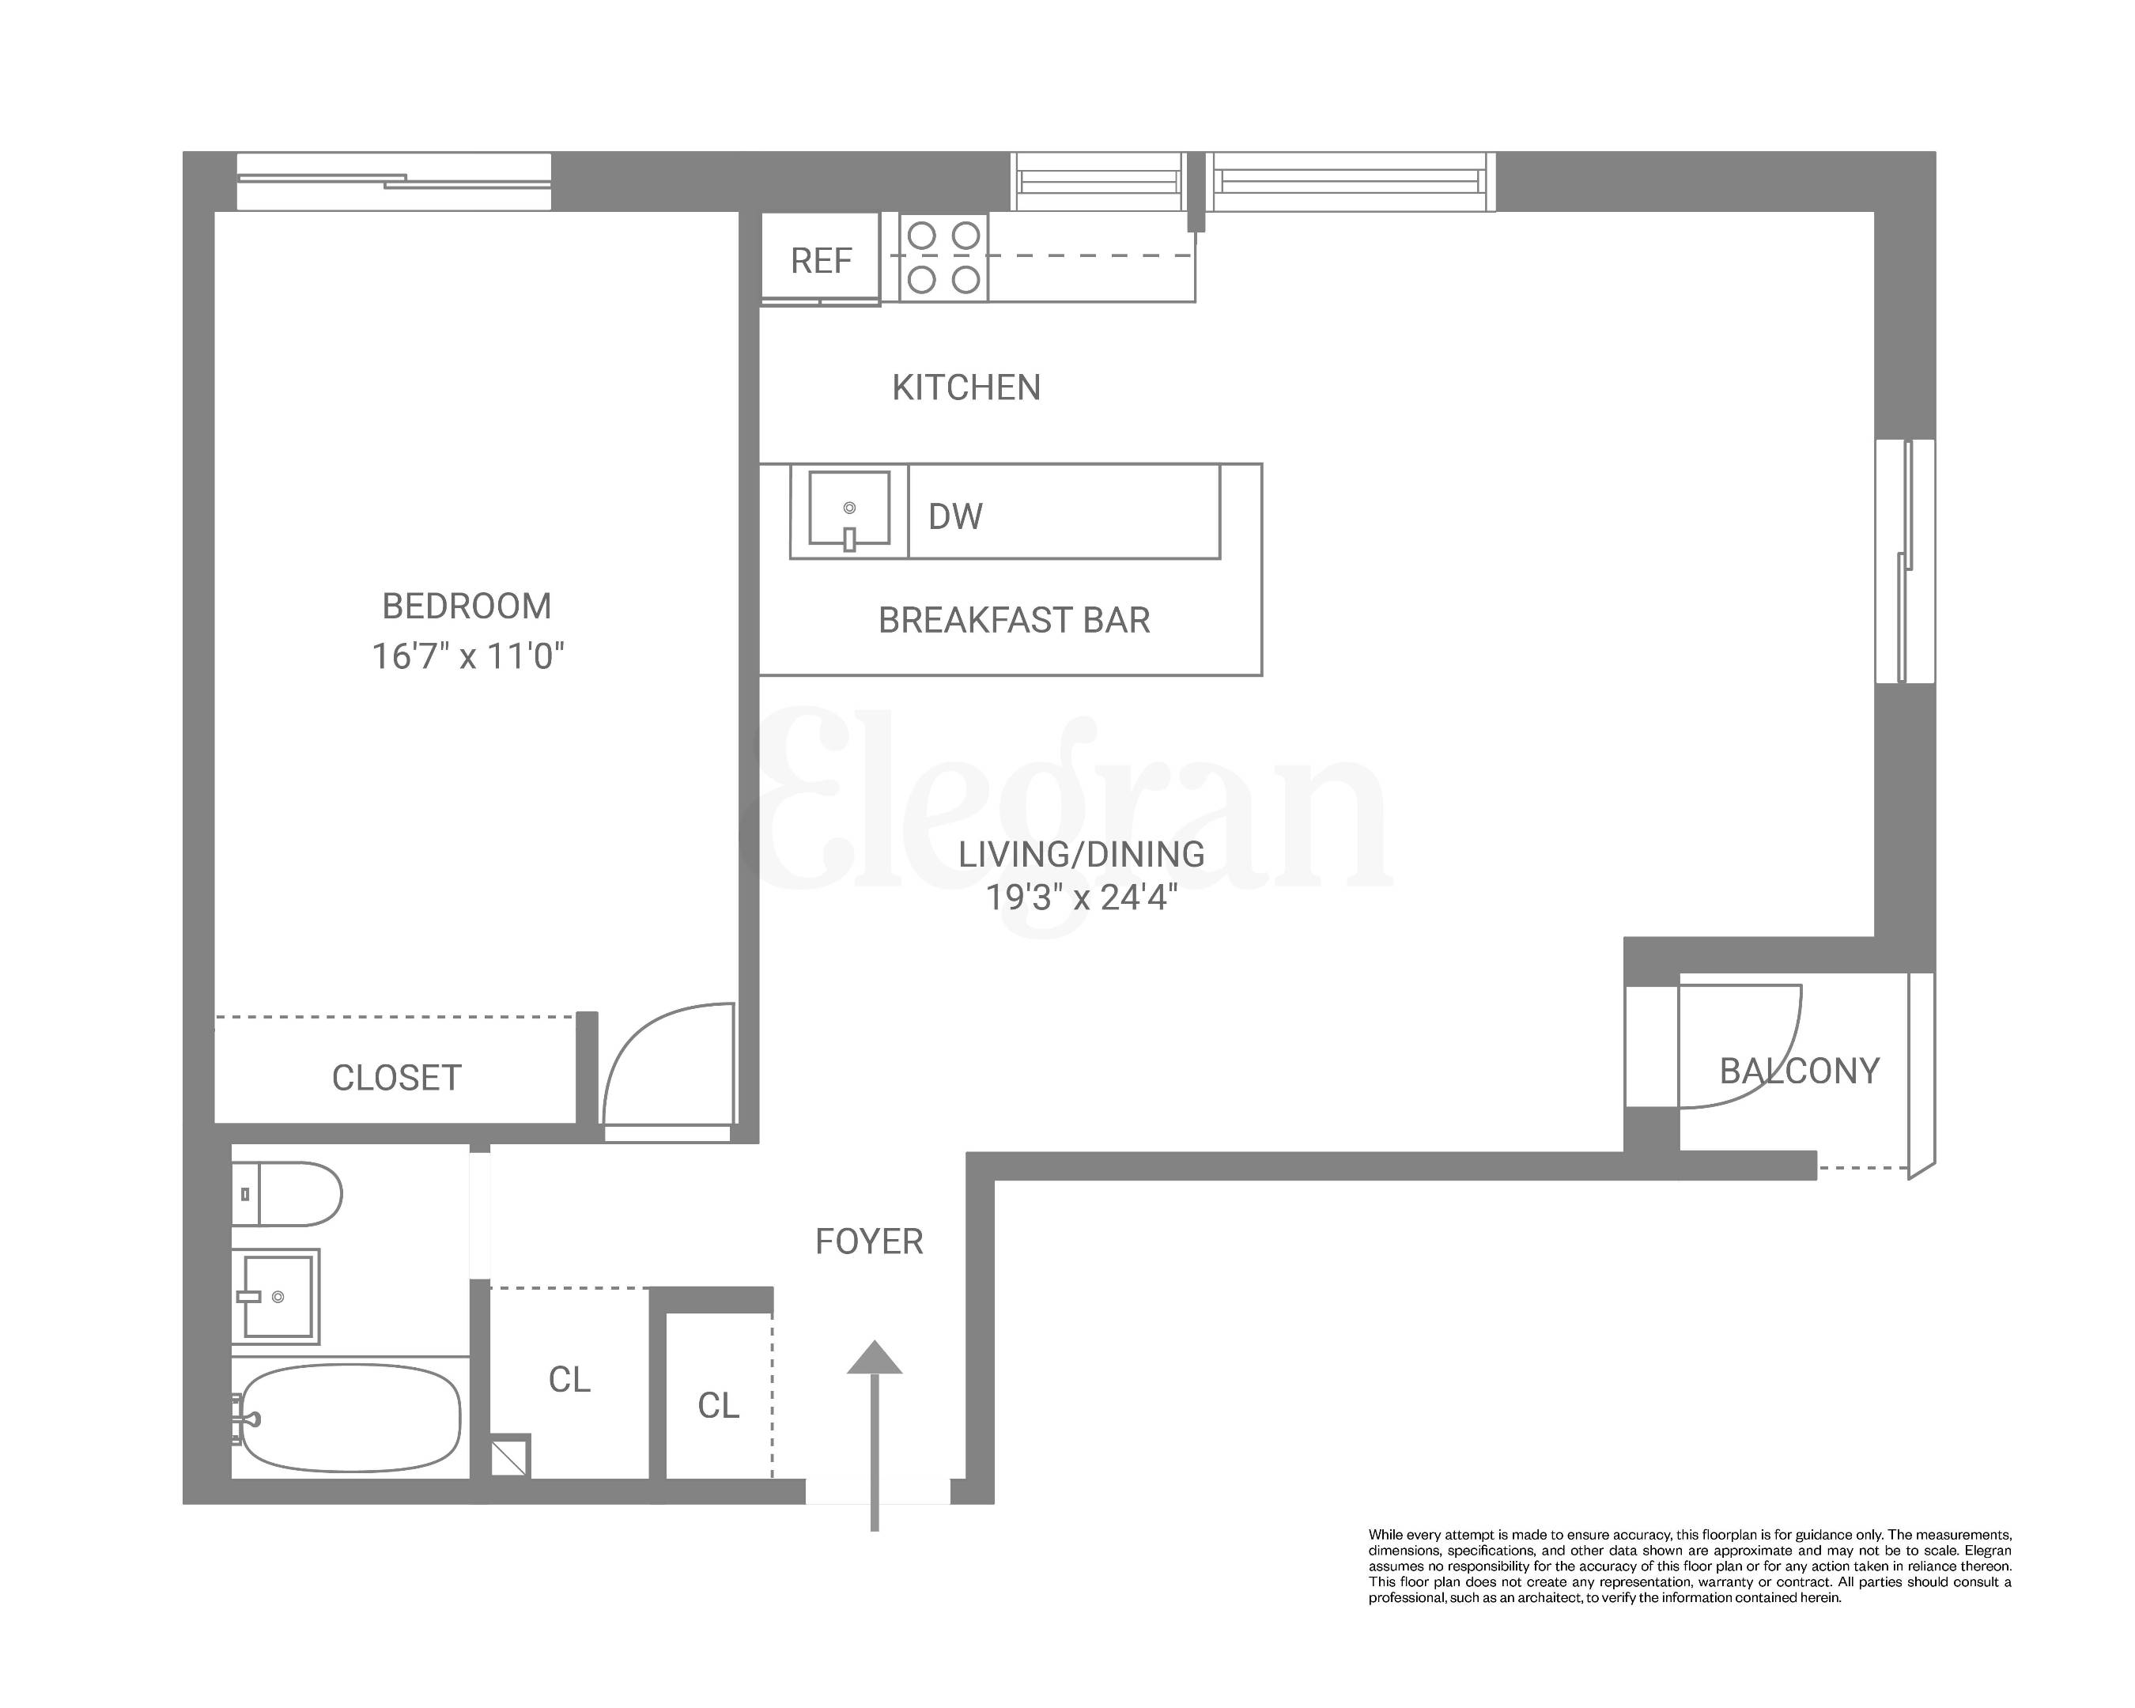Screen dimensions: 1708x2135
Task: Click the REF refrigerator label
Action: (x=821, y=260)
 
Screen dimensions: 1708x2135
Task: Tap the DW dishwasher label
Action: (x=954, y=516)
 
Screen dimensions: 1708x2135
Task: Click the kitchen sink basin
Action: (x=848, y=508)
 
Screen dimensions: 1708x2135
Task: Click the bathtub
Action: (x=350, y=1418)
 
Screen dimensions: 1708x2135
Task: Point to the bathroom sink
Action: (x=276, y=1296)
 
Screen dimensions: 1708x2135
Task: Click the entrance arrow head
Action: (x=875, y=1358)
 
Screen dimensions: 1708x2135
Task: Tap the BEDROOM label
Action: (x=467, y=606)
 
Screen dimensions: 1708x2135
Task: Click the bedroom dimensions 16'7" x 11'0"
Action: (x=467, y=656)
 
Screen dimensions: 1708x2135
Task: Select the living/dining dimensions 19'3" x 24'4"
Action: (x=1082, y=897)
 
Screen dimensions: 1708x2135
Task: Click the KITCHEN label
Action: (x=966, y=387)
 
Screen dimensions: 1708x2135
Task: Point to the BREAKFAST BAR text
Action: (x=1014, y=620)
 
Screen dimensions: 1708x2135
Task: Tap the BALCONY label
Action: (x=1799, y=1071)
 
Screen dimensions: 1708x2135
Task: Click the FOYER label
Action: (x=868, y=1241)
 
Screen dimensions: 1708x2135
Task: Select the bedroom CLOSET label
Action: (x=396, y=1077)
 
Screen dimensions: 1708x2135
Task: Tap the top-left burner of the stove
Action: (x=922, y=236)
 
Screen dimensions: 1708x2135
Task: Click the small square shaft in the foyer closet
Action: (x=511, y=1456)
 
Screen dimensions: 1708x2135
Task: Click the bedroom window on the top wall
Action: (x=394, y=181)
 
